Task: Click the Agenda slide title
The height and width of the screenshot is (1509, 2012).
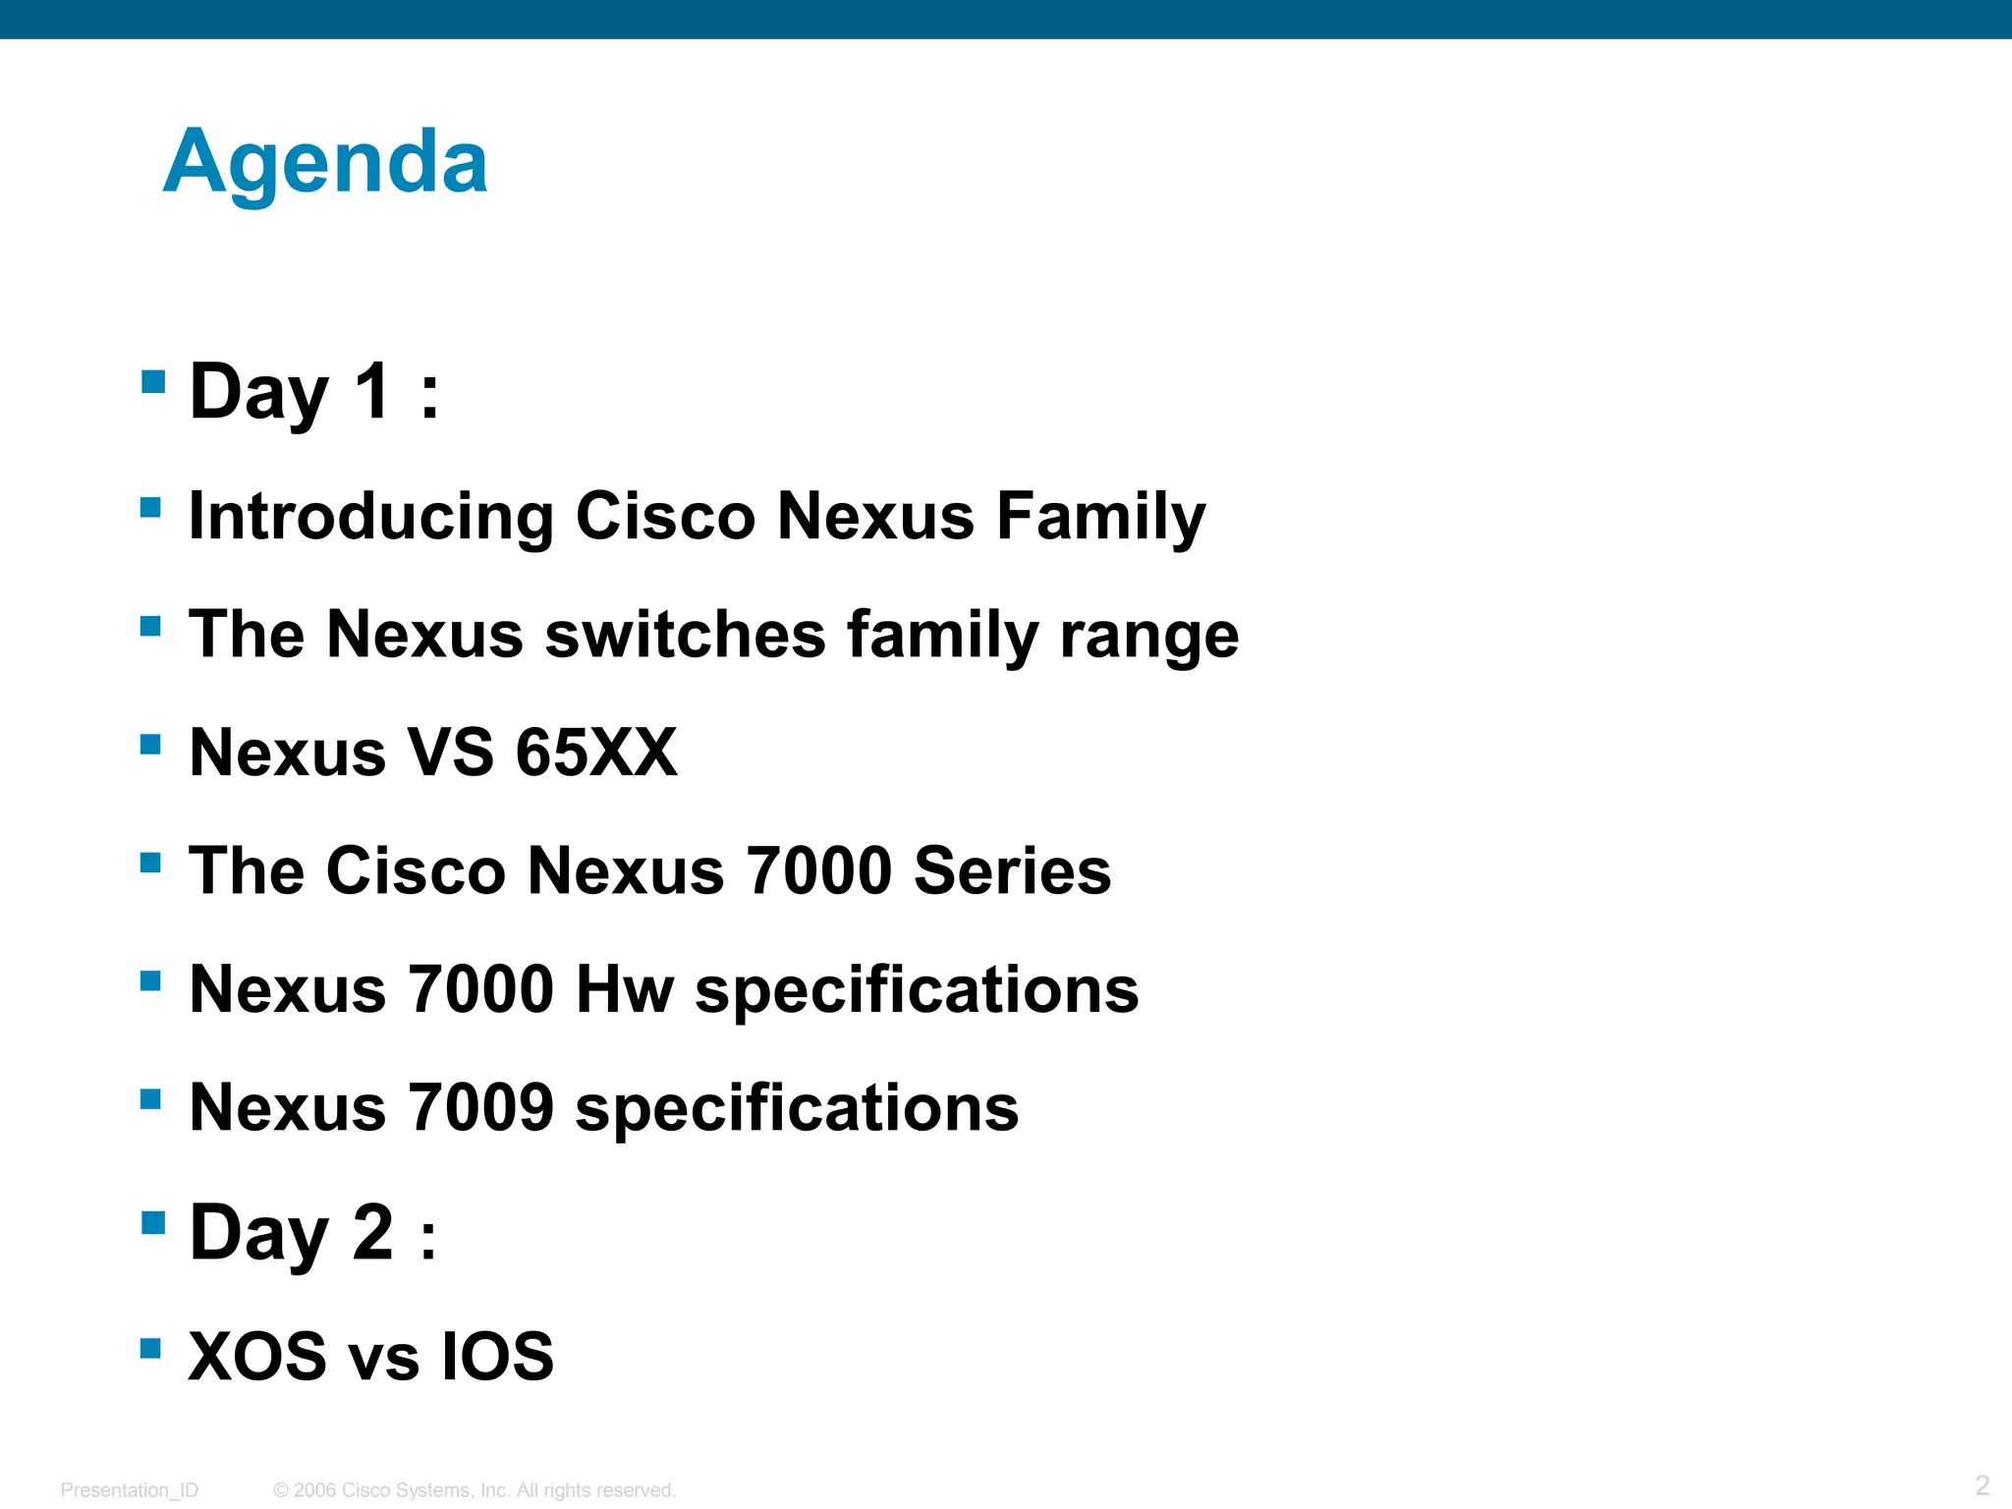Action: click(x=325, y=163)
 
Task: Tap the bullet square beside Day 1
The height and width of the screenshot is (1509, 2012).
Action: click(x=152, y=380)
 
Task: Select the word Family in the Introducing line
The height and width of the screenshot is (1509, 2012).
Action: click(x=1100, y=516)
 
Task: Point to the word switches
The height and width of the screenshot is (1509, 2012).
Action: click(x=685, y=635)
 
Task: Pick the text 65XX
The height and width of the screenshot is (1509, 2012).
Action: click(x=596, y=753)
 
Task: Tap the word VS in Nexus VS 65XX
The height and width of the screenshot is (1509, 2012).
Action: click(x=450, y=753)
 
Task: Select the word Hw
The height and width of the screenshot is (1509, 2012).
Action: click(x=625, y=989)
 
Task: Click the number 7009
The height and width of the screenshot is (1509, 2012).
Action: click(x=480, y=1107)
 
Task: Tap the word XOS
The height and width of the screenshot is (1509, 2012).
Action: click(x=257, y=1357)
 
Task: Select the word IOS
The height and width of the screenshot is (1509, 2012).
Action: click(x=497, y=1357)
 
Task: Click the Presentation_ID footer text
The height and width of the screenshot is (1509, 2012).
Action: click(x=130, y=1490)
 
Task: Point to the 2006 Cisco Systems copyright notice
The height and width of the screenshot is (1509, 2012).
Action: click(x=475, y=1490)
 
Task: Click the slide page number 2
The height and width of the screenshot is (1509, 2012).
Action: click(x=1982, y=1484)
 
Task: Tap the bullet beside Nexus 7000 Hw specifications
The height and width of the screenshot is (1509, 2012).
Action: click(x=150, y=980)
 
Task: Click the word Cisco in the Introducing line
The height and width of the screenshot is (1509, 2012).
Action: click(x=665, y=516)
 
